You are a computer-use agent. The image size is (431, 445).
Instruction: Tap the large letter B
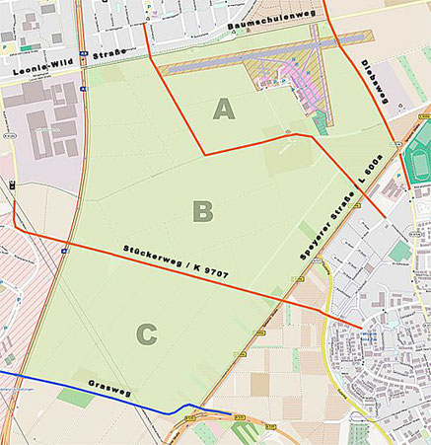click(202, 210)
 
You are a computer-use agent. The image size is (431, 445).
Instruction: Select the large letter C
click(146, 334)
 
